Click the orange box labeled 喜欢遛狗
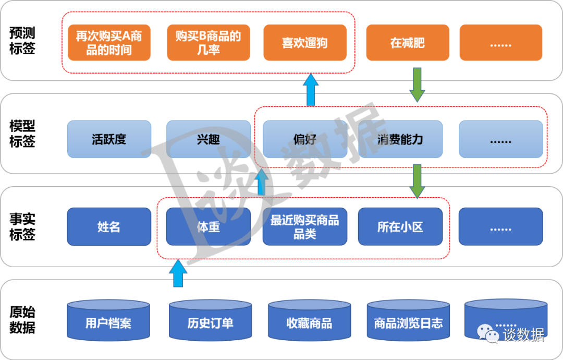pos(305,42)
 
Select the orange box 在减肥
pos(407,42)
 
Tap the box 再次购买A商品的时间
pos(109,42)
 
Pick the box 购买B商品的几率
pos(208,42)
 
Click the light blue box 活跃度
pos(109,139)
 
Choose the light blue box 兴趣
pos(208,139)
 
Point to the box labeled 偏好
pos(305,139)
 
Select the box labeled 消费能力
pos(400,139)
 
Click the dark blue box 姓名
pos(109,227)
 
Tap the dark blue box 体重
pos(208,227)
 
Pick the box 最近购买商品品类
pos(305,227)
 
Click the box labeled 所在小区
pos(400,227)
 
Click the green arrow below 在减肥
pos(417,85)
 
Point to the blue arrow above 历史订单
pos(178,273)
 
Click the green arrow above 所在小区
pos(417,181)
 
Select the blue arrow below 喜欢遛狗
pos(311,89)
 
